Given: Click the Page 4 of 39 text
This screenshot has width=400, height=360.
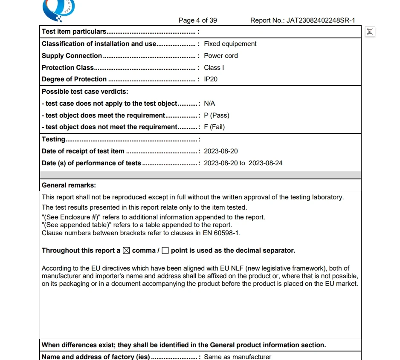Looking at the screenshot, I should click(x=197, y=20).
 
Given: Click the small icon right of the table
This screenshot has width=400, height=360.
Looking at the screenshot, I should click(x=370, y=31).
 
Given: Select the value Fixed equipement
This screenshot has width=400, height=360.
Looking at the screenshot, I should click(x=230, y=44).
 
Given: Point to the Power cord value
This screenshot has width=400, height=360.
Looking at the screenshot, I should click(x=220, y=56).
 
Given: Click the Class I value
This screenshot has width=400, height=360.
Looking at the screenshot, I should click(x=214, y=68).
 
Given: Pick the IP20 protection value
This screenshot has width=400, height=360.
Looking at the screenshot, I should click(x=211, y=79).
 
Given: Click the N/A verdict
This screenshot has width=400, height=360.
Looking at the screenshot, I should click(x=209, y=104).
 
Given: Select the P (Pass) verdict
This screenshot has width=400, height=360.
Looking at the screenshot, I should click(x=216, y=115).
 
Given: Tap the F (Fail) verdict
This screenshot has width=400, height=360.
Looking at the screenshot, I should click(x=214, y=127).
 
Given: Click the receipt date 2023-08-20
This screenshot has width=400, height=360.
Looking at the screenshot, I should click(x=220, y=151).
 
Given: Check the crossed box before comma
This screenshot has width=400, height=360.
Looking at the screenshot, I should click(x=126, y=251).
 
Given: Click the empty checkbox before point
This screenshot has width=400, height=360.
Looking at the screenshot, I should click(x=165, y=251).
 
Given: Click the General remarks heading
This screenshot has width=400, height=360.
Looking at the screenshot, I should click(x=69, y=185).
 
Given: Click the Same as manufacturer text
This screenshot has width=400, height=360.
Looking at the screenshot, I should click(x=238, y=357).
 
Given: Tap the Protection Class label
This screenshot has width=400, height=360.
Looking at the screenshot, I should click(x=68, y=68).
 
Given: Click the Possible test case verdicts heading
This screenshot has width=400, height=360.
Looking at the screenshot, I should click(x=85, y=92).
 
